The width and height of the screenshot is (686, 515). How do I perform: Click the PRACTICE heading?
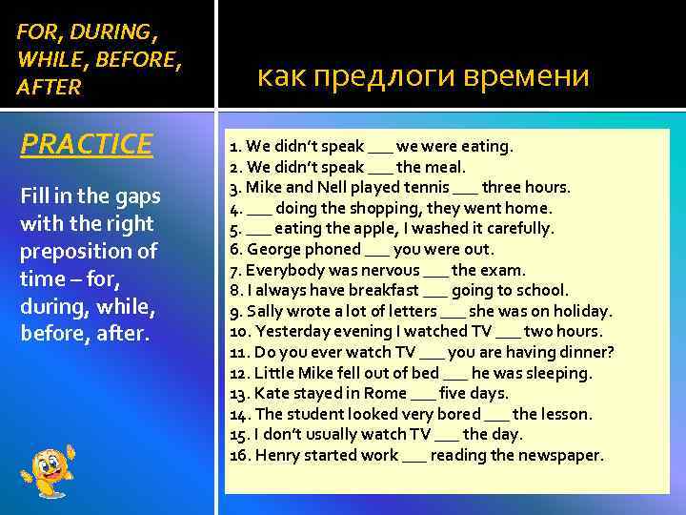(86, 144)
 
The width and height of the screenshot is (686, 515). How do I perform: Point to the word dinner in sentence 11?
(580, 352)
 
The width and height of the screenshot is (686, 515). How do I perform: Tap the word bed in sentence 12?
(423, 373)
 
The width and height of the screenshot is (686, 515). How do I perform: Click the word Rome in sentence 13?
(383, 394)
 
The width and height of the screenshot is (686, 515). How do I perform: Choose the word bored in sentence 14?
(458, 414)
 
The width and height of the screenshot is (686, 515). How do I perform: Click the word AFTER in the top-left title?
(50, 89)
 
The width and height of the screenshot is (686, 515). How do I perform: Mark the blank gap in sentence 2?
(379, 167)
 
